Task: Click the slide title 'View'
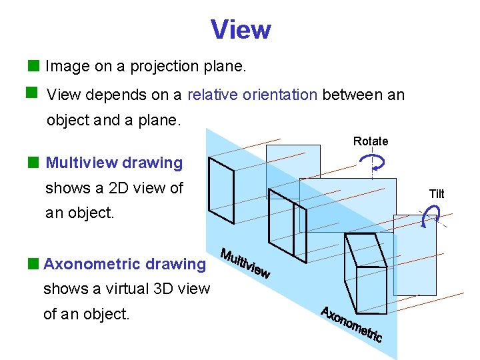pyautogui.click(x=241, y=29)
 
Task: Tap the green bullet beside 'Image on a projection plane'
pyautogui.click(x=33, y=65)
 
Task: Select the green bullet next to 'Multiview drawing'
pyautogui.click(x=33, y=162)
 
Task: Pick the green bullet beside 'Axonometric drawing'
pyautogui.click(x=33, y=263)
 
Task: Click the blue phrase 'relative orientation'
pyautogui.click(x=252, y=95)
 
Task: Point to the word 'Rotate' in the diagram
pyautogui.click(x=370, y=141)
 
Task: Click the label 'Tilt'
pyautogui.click(x=437, y=194)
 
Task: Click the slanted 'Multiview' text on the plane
pyautogui.click(x=245, y=264)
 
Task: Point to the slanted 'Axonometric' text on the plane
pyautogui.click(x=351, y=324)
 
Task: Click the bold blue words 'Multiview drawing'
pyautogui.click(x=114, y=163)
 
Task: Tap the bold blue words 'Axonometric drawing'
pyautogui.click(x=125, y=264)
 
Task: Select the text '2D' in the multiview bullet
pyautogui.click(x=111, y=188)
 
